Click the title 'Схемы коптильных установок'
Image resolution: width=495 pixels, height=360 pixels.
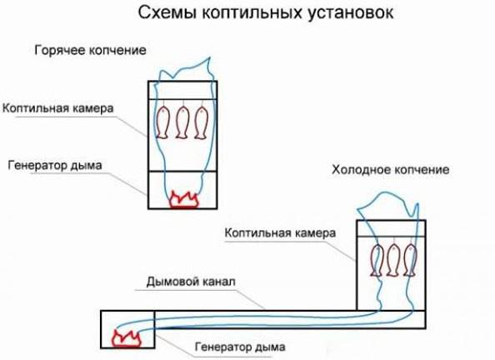tap(247, 15)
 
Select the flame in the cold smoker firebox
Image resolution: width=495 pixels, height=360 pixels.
tap(126, 337)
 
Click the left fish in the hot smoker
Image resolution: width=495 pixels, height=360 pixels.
tap(164, 123)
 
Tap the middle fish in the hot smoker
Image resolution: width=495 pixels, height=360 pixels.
tap(182, 123)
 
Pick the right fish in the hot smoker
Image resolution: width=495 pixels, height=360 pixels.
tap(200, 123)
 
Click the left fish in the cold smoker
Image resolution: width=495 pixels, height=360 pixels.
tap(374, 262)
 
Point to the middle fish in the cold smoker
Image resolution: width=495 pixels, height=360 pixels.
tap(392, 262)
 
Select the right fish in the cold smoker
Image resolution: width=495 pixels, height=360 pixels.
tap(409, 262)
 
